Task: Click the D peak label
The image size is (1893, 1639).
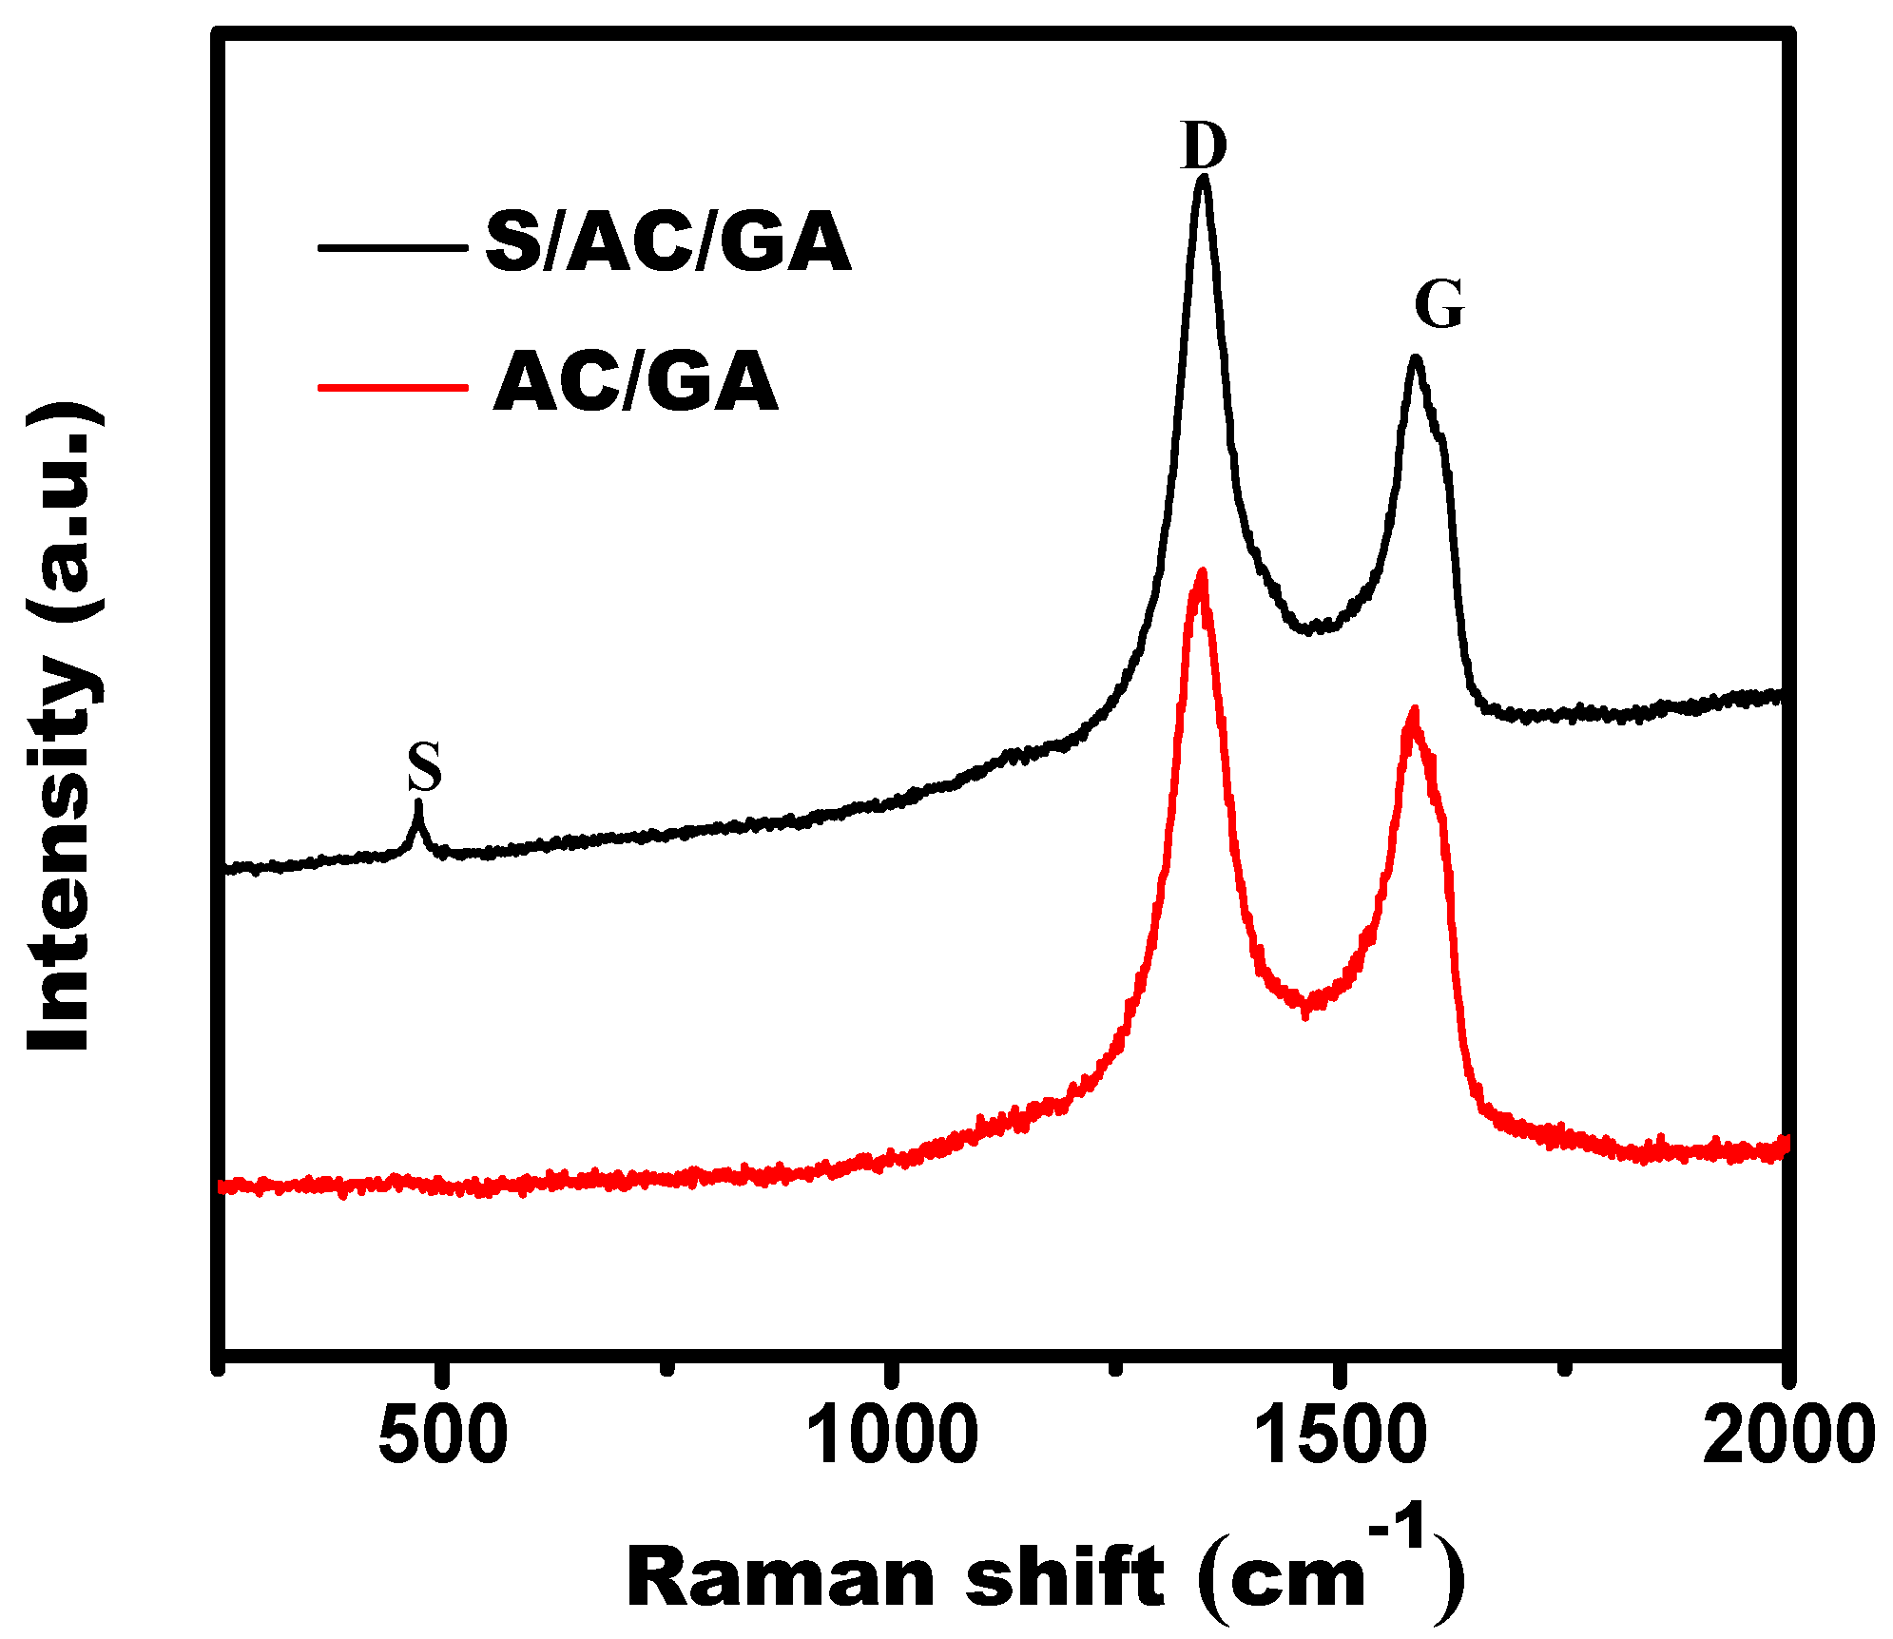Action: pyautogui.click(x=1204, y=146)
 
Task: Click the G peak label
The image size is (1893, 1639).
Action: pyautogui.click(x=1439, y=305)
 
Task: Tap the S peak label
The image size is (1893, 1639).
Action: pyautogui.click(x=425, y=768)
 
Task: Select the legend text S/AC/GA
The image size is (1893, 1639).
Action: pyautogui.click(x=667, y=242)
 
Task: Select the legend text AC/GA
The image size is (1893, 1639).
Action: pyautogui.click(x=635, y=382)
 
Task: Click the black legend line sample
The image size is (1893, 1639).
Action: pyautogui.click(x=393, y=247)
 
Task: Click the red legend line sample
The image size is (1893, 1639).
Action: pyautogui.click(x=393, y=387)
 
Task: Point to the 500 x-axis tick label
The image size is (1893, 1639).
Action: pyautogui.click(x=442, y=1436)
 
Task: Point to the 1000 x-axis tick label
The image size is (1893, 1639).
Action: pyautogui.click(x=892, y=1436)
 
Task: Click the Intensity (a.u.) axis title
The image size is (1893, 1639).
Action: pyautogui.click(x=62, y=727)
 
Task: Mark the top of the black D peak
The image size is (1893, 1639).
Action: pyautogui.click(x=1204, y=178)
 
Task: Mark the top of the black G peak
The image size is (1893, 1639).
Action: pyautogui.click(x=1416, y=359)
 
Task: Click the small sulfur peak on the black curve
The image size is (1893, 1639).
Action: pyautogui.click(x=417, y=803)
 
